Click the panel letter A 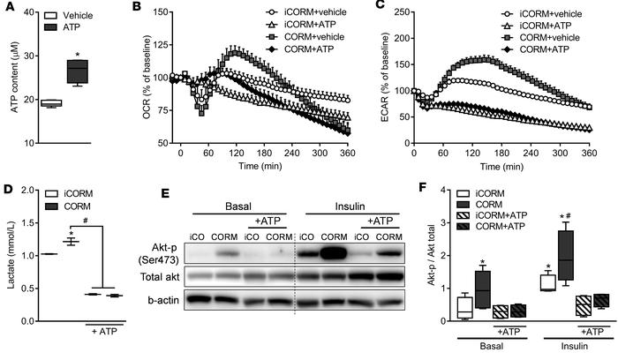[x=7, y=8]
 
